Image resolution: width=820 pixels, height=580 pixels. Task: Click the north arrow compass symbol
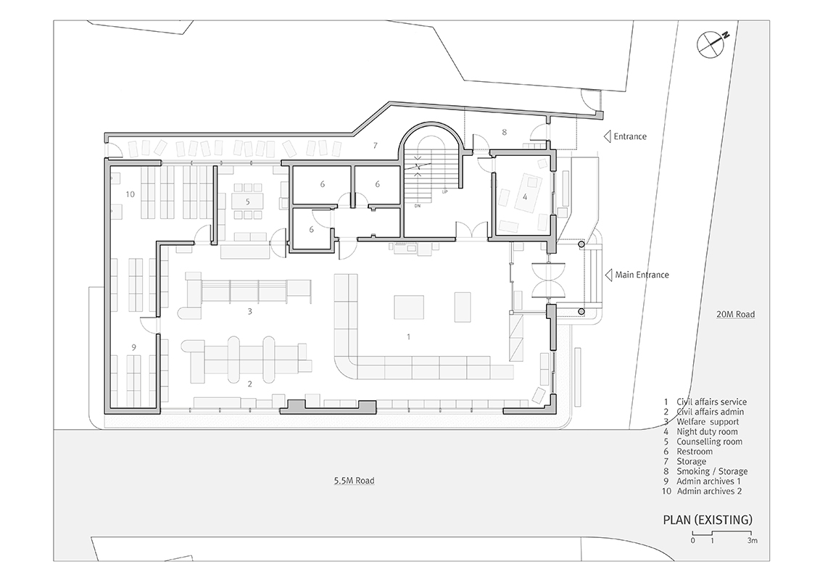[711, 43]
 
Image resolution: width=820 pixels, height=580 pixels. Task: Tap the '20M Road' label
[736, 315]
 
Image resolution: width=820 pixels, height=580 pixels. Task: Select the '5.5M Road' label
[354, 481]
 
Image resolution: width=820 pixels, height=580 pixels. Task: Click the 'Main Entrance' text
[642, 275]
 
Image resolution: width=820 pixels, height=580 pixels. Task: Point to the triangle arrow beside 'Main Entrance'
[608, 275]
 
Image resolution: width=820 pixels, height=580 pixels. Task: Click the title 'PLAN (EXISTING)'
[708, 520]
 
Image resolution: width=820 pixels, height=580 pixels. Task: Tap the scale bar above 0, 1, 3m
[722, 533]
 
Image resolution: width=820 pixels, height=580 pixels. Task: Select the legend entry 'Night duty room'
[707, 432]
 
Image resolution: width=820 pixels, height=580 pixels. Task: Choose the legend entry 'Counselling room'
[710, 442]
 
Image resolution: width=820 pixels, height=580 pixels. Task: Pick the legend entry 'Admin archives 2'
[709, 491]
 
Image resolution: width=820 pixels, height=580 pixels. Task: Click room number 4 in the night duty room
[525, 197]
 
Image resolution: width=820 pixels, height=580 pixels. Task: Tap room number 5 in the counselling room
[248, 202]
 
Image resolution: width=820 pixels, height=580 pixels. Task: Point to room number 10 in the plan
[131, 194]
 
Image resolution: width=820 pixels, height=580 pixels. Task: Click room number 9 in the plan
[134, 347]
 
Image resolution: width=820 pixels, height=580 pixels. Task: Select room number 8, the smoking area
[504, 133]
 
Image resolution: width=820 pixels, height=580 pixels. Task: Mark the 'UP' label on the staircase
[445, 191]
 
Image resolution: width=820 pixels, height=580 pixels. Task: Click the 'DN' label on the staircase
[418, 206]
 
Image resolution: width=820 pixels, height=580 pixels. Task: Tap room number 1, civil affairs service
[408, 337]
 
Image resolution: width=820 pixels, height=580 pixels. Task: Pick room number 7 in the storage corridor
[375, 146]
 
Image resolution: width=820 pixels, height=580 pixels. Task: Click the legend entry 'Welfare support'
[708, 422]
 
